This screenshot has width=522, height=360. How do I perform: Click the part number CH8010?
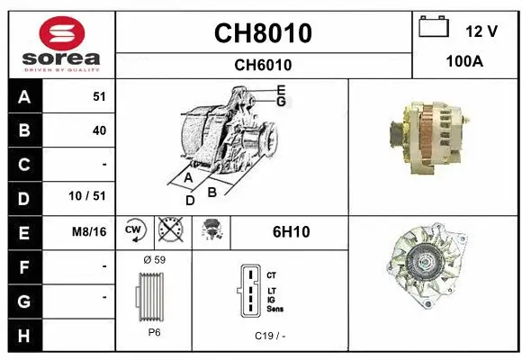tap(263, 33)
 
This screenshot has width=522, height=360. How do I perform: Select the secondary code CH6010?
tap(263, 65)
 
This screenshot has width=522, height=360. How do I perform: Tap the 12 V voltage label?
tap(481, 31)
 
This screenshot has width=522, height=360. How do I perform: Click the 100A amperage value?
tap(465, 63)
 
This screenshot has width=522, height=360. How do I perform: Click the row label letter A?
tap(24, 97)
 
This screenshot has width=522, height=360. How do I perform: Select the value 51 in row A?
tap(99, 97)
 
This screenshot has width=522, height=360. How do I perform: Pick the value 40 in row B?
tap(99, 130)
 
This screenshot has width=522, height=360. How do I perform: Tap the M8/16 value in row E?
tap(89, 231)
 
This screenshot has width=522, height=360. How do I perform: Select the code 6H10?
tap(291, 231)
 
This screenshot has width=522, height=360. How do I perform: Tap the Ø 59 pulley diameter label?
tap(154, 260)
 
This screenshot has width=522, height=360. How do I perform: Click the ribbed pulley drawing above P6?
tap(154, 296)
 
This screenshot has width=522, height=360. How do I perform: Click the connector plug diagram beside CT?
tap(248, 291)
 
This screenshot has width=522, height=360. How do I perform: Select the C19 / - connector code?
tap(270, 335)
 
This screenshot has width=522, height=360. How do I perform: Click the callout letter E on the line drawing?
tap(281, 90)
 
